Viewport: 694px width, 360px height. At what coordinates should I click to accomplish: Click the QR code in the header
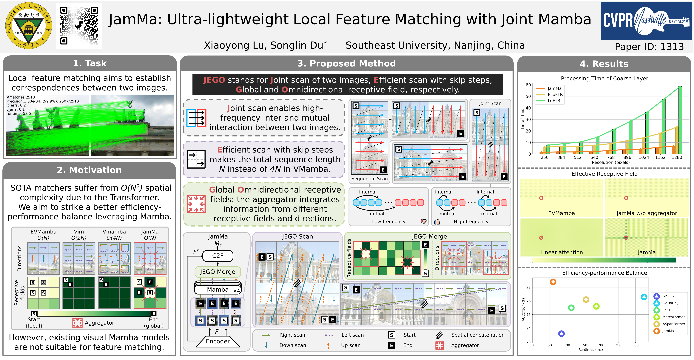[79, 26]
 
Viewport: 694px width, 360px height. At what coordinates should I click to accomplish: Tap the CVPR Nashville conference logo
[646, 21]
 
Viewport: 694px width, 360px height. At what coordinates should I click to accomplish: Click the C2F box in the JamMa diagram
[218, 256]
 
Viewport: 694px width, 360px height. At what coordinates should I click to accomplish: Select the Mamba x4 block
[218, 289]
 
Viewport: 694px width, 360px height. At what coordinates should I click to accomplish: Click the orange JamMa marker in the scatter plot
[553, 282]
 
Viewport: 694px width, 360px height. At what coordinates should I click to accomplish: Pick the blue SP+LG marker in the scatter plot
[561, 334]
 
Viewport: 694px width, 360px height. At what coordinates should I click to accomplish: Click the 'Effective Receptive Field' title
[604, 174]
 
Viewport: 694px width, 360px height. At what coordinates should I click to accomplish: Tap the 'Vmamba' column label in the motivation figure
[114, 232]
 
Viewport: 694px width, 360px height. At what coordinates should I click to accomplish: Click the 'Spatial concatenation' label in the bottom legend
[478, 335]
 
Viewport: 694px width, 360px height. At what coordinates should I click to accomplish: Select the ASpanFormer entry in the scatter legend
[673, 324]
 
